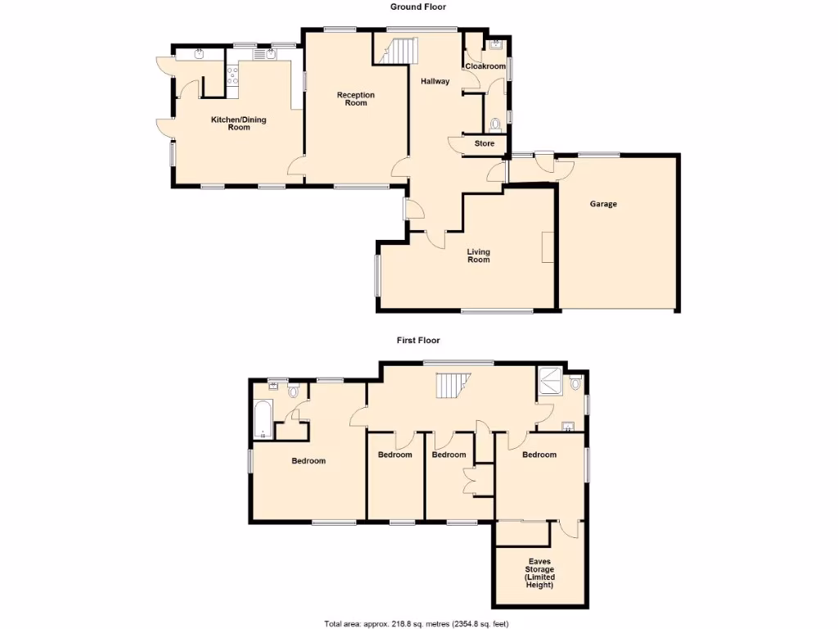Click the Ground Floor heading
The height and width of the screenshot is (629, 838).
[418, 7]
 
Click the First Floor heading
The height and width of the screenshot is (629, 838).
[418, 340]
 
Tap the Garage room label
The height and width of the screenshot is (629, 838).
[603, 204]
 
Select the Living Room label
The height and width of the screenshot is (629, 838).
[478, 256]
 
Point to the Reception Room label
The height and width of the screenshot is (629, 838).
[356, 99]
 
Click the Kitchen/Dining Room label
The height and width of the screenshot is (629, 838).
[238, 124]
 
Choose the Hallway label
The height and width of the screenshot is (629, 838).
[435, 82]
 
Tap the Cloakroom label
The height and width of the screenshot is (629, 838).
[485, 66]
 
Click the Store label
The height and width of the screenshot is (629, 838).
[484, 144]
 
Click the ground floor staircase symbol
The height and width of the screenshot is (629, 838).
[398, 51]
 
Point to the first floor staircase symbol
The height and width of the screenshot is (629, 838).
[452, 386]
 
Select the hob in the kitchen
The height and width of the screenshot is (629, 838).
[232, 76]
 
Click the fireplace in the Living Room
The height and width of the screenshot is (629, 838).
[547, 247]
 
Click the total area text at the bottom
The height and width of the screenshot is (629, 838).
[417, 623]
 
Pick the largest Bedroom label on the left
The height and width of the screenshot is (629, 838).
[309, 461]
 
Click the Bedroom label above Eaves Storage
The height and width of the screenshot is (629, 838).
[539, 455]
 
